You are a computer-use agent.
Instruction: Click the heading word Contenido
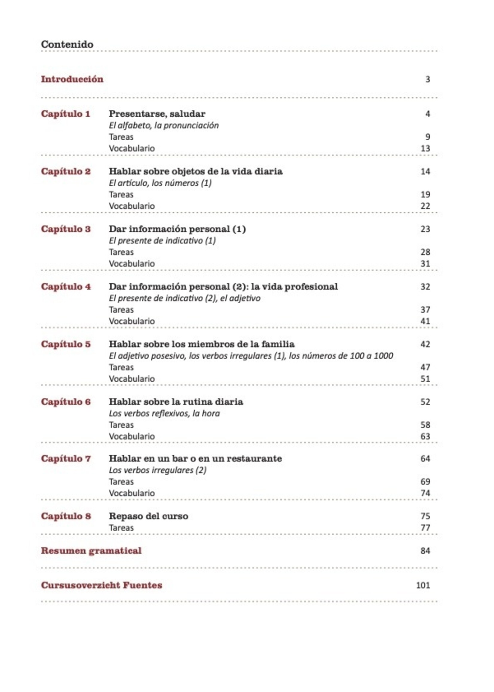tap(67, 45)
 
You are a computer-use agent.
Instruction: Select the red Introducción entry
tap(72, 79)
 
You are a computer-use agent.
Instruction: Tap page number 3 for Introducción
tap(427, 79)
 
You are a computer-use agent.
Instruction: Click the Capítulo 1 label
tap(66, 114)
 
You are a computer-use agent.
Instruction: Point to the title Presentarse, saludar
tap(157, 114)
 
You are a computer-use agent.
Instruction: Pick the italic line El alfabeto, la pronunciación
tap(164, 125)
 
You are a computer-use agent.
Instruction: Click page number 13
tap(425, 148)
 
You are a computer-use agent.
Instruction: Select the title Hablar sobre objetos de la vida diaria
tap(196, 171)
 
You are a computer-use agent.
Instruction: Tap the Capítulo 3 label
tap(66, 229)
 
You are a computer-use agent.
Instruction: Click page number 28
tap(425, 252)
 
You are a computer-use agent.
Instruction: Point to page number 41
tap(425, 321)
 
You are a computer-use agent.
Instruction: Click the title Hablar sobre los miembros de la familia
tap(202, 344)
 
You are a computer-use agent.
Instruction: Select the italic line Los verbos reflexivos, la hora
tap(164, 413)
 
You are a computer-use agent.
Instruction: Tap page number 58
tap(425, 425)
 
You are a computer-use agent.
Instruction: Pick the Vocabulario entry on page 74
tap(132, 493)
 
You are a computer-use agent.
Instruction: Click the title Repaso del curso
tap(148, 516)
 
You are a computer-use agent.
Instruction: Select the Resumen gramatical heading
tap(91, 551)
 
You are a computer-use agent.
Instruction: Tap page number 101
tap(423, 585)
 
